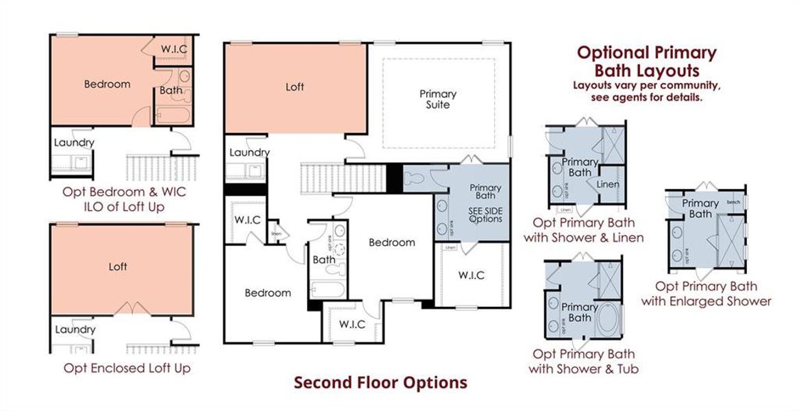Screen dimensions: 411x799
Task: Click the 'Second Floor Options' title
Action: [380, 382]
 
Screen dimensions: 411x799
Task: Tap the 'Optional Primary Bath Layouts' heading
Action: [646, 61]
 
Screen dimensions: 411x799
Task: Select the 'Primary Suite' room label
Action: [438, 99]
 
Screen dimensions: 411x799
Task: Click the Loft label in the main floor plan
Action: [295, 87]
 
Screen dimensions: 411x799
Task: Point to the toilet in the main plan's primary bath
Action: [414, 179]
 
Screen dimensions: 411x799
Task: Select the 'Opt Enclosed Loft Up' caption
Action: [127, 368]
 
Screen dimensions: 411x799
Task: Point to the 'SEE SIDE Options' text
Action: [485, 214]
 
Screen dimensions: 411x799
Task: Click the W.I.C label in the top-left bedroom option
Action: [174, 49]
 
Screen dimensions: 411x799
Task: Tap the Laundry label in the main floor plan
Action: [249, 152]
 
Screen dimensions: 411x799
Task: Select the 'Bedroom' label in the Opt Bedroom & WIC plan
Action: [107, 84]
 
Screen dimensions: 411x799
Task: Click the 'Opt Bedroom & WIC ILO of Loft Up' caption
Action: [123, 199]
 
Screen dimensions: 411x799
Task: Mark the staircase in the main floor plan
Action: [343, 177]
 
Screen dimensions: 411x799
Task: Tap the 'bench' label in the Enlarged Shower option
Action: [733, 202]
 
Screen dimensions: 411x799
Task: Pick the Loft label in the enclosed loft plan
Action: [118, 266]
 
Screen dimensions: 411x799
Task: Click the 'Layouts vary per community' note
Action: [646, 86]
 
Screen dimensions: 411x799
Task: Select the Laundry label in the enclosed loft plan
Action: [75, 329]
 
